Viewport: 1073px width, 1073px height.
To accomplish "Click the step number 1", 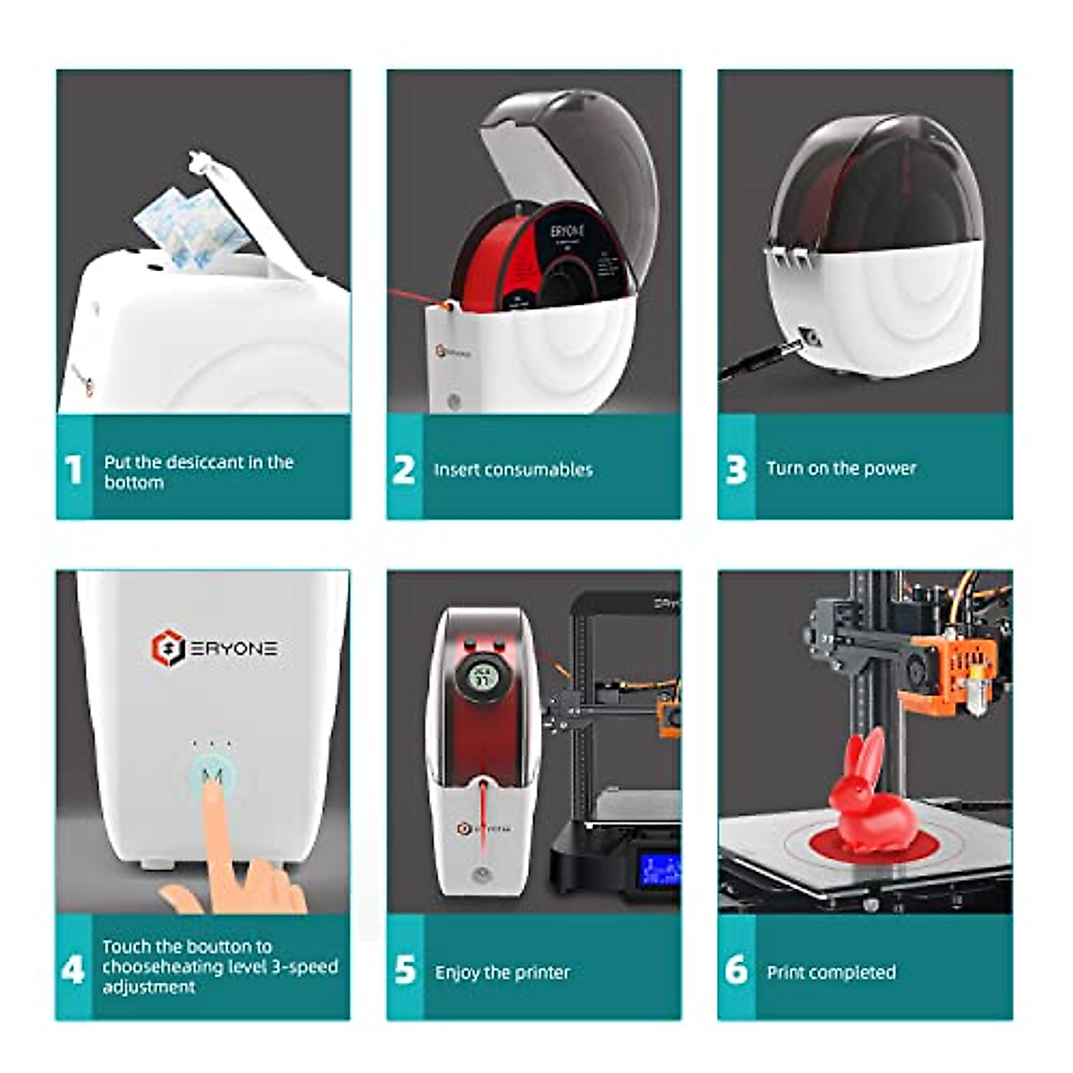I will coord(74,470).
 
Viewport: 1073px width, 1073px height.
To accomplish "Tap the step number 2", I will coord(404,470).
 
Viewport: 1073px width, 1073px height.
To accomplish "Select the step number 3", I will coord(736,470).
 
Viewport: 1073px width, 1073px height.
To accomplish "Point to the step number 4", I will coord(73,969).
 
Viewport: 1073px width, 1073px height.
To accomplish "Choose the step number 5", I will coord(405,970).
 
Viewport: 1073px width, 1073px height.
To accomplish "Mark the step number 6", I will coord(736,970).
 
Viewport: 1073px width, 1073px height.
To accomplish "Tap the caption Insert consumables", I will coord(513,470).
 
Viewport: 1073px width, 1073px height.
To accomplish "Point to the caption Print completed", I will coord(831,973).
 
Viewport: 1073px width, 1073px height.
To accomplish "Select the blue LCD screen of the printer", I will coord(659,869).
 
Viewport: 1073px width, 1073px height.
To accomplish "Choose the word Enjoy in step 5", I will coord(457,973).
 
